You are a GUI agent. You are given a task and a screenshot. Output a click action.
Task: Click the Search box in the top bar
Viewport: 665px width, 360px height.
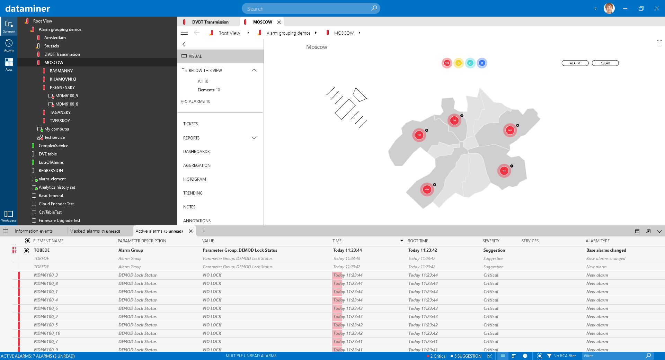click(x=308, y=9)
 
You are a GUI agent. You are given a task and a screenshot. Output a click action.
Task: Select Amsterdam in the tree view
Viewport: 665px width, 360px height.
click(x=55, y=38)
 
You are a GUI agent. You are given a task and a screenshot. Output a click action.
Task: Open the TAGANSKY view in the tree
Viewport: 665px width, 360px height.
click(x=60, y=112)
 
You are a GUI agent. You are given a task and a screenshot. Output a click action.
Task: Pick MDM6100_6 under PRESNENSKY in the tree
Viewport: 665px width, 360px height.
click(x=66, y=104)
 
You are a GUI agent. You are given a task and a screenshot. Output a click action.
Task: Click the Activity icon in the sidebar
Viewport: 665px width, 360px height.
click(x=9, y=45)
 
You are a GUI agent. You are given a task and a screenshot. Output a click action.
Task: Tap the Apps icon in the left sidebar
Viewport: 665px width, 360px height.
click(x=9, y=64)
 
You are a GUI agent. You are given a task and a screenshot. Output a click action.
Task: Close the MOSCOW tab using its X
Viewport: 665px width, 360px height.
click(x=279, y=22)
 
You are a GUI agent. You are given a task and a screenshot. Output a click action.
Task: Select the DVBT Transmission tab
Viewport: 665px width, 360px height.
click(x=210, y=22)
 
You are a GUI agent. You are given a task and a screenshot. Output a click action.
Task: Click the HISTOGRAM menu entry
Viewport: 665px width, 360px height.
click(x=195, y=179)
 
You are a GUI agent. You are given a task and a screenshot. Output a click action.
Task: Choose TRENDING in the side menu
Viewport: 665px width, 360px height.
click(x=193, y=193)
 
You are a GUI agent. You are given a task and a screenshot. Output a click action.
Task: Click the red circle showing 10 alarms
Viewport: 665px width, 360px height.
click(x=447, y=63)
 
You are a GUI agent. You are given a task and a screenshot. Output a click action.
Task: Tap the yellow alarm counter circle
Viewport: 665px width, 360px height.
click(x=459, y=63)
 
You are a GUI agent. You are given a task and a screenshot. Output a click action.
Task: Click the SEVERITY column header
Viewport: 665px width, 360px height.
click(x=491, y=241)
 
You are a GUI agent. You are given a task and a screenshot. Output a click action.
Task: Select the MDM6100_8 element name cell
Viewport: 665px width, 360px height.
click(x=46, y=283)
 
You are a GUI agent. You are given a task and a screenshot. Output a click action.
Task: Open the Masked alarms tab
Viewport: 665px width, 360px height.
click(x=95, y=231)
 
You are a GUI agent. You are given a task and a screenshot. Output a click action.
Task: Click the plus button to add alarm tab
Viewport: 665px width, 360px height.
click(x=203, y=231)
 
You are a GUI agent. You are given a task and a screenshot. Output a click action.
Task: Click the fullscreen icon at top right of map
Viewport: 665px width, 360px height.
click(x=659, y=43)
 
